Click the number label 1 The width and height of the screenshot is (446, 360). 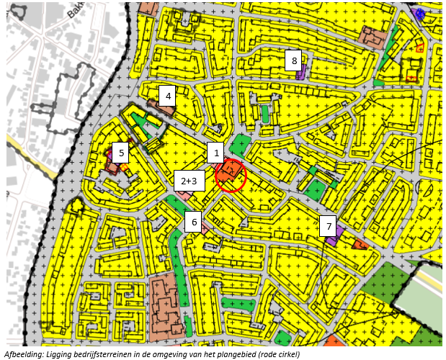click(x=214, y=153)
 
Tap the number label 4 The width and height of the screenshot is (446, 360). click(x=168, y=95)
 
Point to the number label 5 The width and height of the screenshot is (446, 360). click(x=122, y=152)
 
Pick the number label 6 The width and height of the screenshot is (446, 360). click(x=194, y=222)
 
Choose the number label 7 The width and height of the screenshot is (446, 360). click(x=329, y=227)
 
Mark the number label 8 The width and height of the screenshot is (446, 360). click(x=294, y=60)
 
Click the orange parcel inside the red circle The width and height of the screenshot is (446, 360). click(x=232, y=171)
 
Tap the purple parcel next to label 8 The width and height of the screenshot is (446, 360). click(x=302, y=72)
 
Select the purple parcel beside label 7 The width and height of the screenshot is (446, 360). click(x=334, y=237)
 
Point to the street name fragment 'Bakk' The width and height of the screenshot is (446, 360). click(x=76, y=11)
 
